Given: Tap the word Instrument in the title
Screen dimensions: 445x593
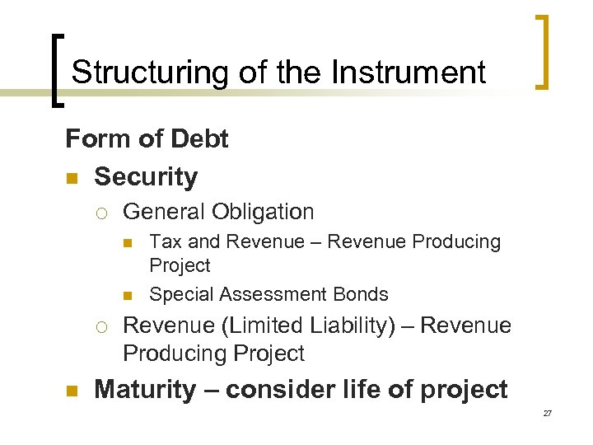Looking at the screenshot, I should (409, 73).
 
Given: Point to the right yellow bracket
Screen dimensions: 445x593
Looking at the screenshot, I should (541, 51).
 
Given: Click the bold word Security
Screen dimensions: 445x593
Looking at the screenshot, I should (146, 176).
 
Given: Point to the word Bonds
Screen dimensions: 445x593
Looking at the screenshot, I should (360, 294).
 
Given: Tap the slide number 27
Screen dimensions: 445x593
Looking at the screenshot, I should (547, 413).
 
